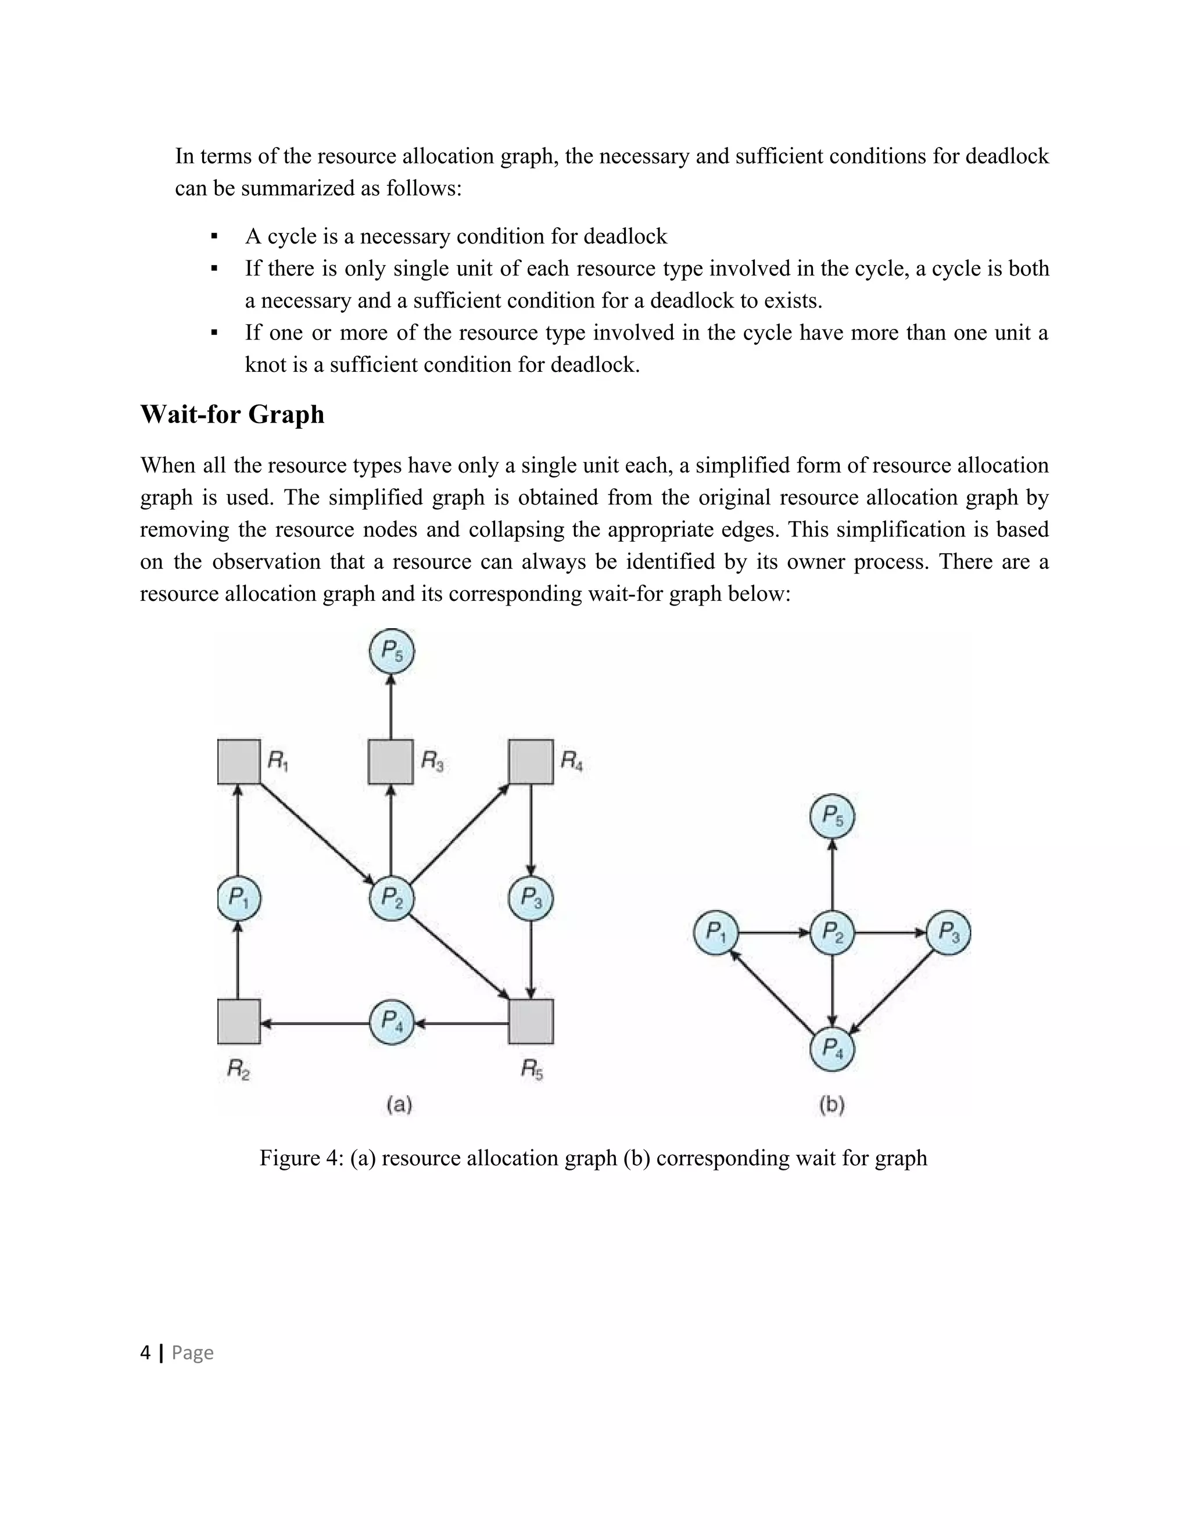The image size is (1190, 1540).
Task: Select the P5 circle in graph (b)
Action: coord(832,816)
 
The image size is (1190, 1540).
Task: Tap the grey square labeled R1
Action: coord(238,761)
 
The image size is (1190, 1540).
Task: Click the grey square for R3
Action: coord(390,761)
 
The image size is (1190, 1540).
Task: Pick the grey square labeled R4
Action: coord(531,761)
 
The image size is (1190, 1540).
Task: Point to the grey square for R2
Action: coord(238,1021)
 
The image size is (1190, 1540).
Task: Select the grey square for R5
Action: coord(531,1021)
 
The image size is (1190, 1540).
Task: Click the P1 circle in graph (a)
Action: coord(238,898)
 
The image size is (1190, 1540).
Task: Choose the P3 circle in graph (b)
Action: coord(948,933)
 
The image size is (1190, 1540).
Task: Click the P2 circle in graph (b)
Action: coord(832,933)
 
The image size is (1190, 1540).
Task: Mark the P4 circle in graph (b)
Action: coord(832,1049)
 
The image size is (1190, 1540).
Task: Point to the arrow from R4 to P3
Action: coord(531,829)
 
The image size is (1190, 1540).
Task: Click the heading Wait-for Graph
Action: coord(232,414)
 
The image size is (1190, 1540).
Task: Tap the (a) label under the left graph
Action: coord(399,1104)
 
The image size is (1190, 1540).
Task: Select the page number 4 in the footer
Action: coord(145,1352)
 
